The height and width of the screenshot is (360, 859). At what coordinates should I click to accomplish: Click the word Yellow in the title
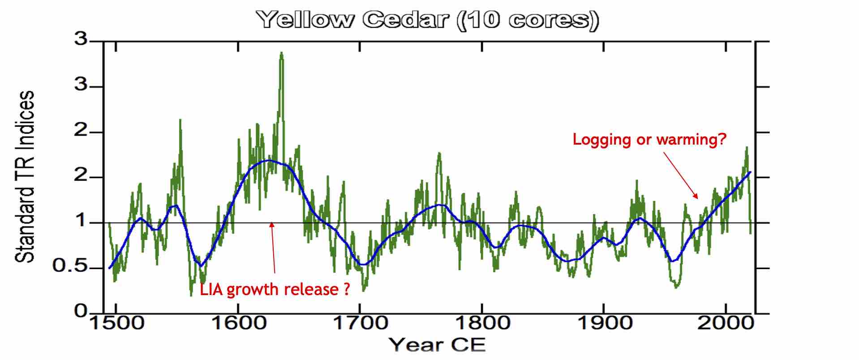305,20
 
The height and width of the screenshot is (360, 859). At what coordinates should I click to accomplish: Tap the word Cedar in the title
405,20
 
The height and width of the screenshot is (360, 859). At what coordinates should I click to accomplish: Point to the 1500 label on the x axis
117,323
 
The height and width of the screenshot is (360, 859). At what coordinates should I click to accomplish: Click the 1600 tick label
238,323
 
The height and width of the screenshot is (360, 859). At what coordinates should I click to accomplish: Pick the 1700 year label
360,323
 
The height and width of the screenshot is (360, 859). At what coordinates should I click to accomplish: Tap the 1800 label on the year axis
482,323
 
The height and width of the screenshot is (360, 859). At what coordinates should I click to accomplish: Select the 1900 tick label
605,323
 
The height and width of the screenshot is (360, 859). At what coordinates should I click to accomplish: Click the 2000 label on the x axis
726,323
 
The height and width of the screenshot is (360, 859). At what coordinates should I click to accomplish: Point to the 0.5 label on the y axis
69,266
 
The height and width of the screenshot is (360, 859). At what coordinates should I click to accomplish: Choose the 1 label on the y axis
81,221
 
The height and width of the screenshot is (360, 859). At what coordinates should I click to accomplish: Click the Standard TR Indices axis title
25,176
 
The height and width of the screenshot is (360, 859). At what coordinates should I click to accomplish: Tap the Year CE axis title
437,345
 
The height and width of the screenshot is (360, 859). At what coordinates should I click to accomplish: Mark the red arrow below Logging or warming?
681,175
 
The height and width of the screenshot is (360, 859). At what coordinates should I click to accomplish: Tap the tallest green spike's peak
281,53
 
